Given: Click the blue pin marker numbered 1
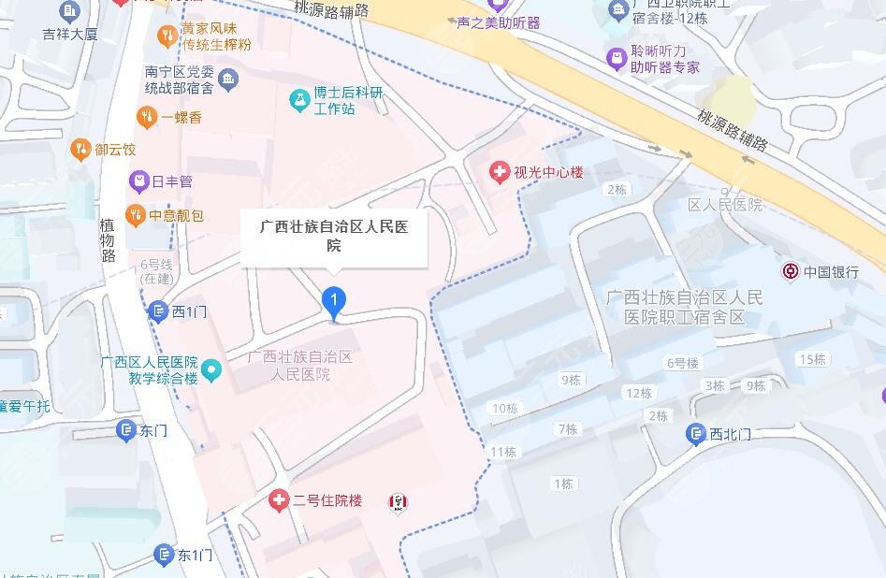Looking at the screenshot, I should click(x=334, y=300).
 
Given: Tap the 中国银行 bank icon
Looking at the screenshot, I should click(x=791, y=272).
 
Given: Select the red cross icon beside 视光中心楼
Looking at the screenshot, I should click(x=500, y=172).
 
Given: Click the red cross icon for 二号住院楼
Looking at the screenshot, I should click(x=278, y=500).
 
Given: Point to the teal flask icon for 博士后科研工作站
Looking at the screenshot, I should click(x=298, y=101).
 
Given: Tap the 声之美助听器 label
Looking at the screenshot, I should click(x=498, y=22).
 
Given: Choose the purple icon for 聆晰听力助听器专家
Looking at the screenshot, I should click(x=616, y=59).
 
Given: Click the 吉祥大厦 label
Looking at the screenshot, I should click(x=70, y=35).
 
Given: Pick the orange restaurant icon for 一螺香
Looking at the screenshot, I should click(x=146, y=117).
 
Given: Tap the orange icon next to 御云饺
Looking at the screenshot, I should click(x=80, y=149).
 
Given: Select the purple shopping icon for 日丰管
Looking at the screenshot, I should click(x=138, y=181).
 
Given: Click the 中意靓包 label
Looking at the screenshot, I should click(x=177, y=216).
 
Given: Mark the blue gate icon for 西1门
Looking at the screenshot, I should click(x=159, y=311).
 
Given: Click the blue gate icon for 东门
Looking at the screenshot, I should click(x=126, y=429).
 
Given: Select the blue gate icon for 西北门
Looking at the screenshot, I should click(x=695, y=433).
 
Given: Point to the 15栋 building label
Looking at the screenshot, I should click(x=812, y=359).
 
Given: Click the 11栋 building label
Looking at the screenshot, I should click(x=503, y=452).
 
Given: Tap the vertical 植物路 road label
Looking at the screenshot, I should click(x=108, y=241).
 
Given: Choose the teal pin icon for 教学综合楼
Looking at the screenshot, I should click(x=212, y=370).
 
